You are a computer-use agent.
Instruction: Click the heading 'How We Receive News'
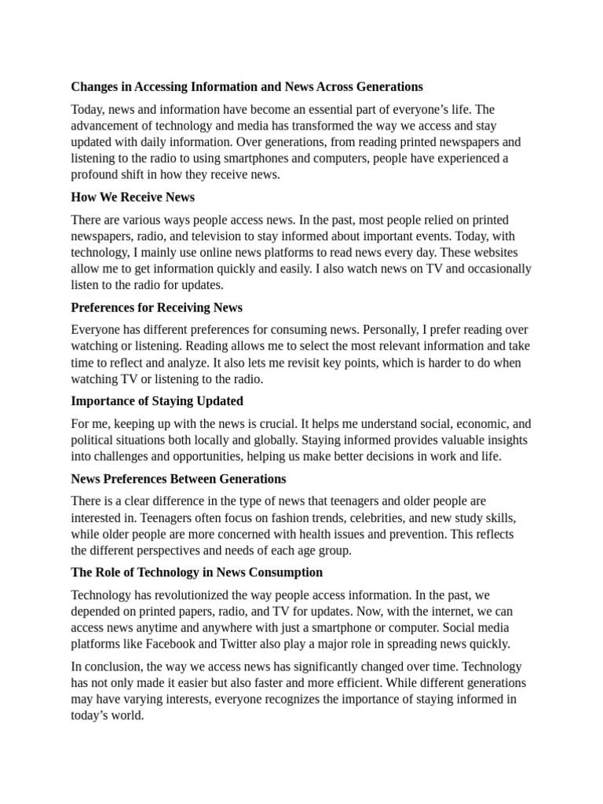(x=133, y=197)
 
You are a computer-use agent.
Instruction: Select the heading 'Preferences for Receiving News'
(x=156, y=307)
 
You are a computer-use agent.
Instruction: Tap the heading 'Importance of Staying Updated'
(x=157, y=401)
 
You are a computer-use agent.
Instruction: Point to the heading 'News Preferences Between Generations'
(x=178, y=478)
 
